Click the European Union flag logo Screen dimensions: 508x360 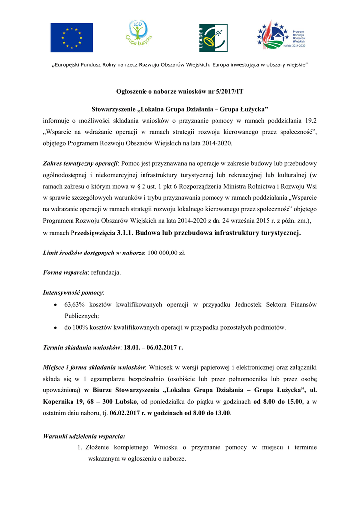click(72, 38)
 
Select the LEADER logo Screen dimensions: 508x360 click(213, 38)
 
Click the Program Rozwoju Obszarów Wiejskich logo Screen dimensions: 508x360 click(282, 36)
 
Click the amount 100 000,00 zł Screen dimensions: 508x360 click(166, 253)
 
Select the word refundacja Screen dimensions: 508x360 click(106, 272)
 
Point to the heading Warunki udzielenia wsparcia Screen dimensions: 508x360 click(84, 437)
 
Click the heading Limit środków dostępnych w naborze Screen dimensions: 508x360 click(93, 253)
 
